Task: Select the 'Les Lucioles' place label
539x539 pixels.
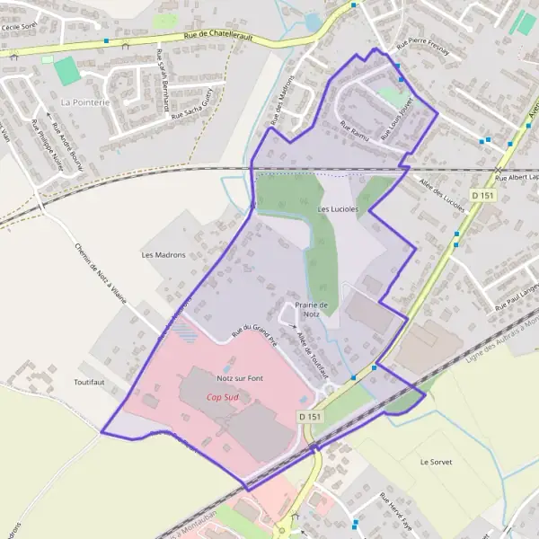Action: [338, 209]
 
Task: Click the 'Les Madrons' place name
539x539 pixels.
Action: [163, 255]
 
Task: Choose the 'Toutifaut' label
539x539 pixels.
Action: [92, 382]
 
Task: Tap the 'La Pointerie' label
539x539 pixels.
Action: [84, 102]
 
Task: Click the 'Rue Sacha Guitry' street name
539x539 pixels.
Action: [195, 105]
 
